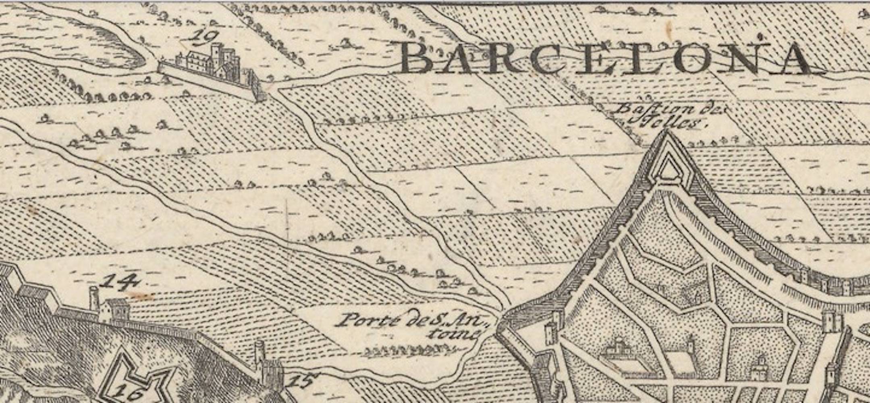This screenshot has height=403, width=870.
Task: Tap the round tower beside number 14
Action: pyautogui.click(x=94, y=299)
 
